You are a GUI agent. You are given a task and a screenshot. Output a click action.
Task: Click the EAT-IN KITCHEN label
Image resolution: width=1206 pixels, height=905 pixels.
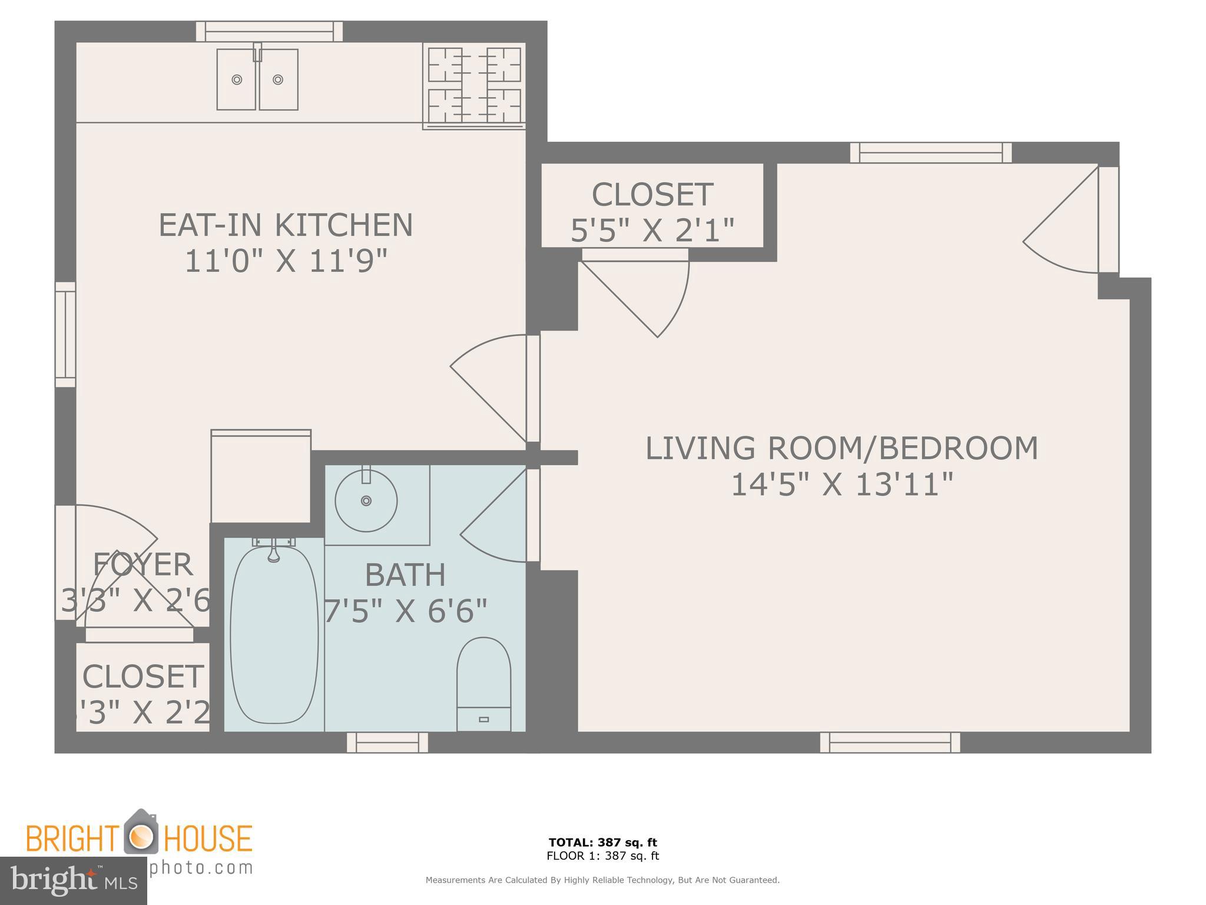click(286, 225)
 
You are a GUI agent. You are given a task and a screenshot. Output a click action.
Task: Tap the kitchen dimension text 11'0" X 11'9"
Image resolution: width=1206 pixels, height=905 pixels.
click(286, 261)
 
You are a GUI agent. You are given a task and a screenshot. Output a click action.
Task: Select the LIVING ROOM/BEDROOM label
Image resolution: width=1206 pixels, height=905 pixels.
click(841, 448)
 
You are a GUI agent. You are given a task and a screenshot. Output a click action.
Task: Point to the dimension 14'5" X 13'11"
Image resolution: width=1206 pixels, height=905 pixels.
click(841, 485)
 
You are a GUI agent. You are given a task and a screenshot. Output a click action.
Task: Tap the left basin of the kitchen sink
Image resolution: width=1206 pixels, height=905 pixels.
click(237, 80)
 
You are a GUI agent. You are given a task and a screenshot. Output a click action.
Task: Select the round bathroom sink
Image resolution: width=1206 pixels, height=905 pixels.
click(366, 501)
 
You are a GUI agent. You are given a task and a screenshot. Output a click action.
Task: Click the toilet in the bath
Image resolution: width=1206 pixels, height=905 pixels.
click(483, 683)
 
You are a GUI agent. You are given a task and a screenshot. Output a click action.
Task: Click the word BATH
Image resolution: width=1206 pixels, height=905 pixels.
click(405, 575)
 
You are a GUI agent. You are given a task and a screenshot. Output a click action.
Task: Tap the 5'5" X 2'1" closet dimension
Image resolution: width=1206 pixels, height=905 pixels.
click(652, 230)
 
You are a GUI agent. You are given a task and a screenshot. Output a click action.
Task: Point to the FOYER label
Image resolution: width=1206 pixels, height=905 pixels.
click(143, 564)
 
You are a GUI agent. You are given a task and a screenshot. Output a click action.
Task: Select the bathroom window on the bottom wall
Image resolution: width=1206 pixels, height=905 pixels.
click(387, 742)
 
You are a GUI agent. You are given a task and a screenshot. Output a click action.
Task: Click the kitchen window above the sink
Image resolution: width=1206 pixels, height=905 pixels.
click(269, 31)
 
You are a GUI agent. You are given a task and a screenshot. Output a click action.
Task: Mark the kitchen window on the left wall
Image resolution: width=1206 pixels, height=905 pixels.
click(65, 334)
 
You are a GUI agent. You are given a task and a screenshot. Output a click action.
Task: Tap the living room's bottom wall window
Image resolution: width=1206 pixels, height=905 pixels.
click(890, 742)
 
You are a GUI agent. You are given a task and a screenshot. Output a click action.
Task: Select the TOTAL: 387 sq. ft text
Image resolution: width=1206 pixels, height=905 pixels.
click(602, 843)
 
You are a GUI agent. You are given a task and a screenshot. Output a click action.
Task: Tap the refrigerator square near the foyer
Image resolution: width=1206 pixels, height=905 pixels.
click(260, 477)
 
